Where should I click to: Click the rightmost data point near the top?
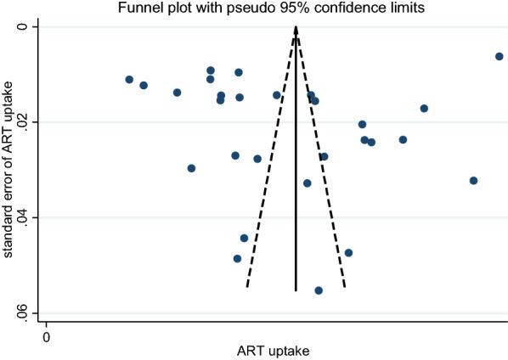click(x=499, y=56)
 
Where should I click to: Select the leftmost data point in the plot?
click(x=129, y=79)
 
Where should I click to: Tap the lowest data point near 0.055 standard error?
click(x=319, y=290)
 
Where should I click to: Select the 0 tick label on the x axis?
click(x=46, y=337)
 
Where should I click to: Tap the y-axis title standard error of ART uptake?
click(x=9, y=170)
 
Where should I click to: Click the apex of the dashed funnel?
click(x=296, y=27)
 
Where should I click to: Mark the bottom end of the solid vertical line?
click(x=296, y=291)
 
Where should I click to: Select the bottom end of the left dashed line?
click(x=246, y=287)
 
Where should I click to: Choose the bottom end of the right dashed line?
click(x=345, y=287)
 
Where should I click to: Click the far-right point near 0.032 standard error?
click(x=473, y=180)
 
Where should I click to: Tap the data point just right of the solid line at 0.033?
click(x=308, y=183)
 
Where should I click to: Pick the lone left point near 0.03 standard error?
click(x=191, y=168)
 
